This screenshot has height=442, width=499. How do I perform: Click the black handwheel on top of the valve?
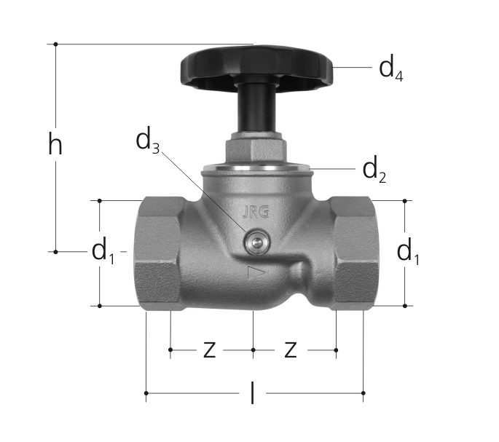coord(257,68)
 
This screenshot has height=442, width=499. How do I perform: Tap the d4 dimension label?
coord(391,68)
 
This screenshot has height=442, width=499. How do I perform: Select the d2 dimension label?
coord(374,170)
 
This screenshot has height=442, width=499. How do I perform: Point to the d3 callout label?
coord(147,141)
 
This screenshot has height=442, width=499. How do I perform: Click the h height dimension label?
coord(55,144)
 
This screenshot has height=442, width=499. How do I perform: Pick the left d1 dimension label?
coord(103,251)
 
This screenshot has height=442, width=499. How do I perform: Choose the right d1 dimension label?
coord(408,252)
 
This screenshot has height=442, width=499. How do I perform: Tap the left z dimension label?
coord(209,350)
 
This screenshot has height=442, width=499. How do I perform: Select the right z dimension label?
coord(290,350)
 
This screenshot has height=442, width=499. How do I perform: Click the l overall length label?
coord(252,393)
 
